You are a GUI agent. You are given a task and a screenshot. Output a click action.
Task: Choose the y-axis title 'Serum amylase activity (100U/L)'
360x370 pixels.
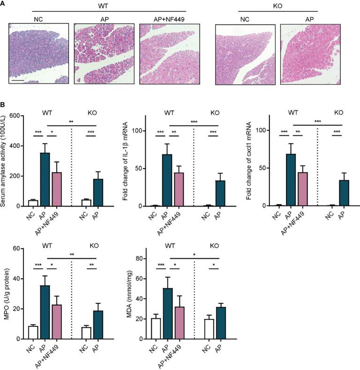pos(5,161)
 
